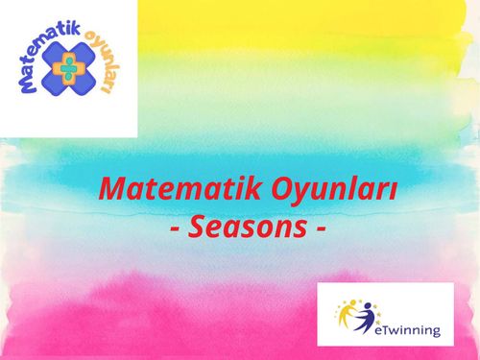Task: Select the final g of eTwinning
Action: click(435, 332)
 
